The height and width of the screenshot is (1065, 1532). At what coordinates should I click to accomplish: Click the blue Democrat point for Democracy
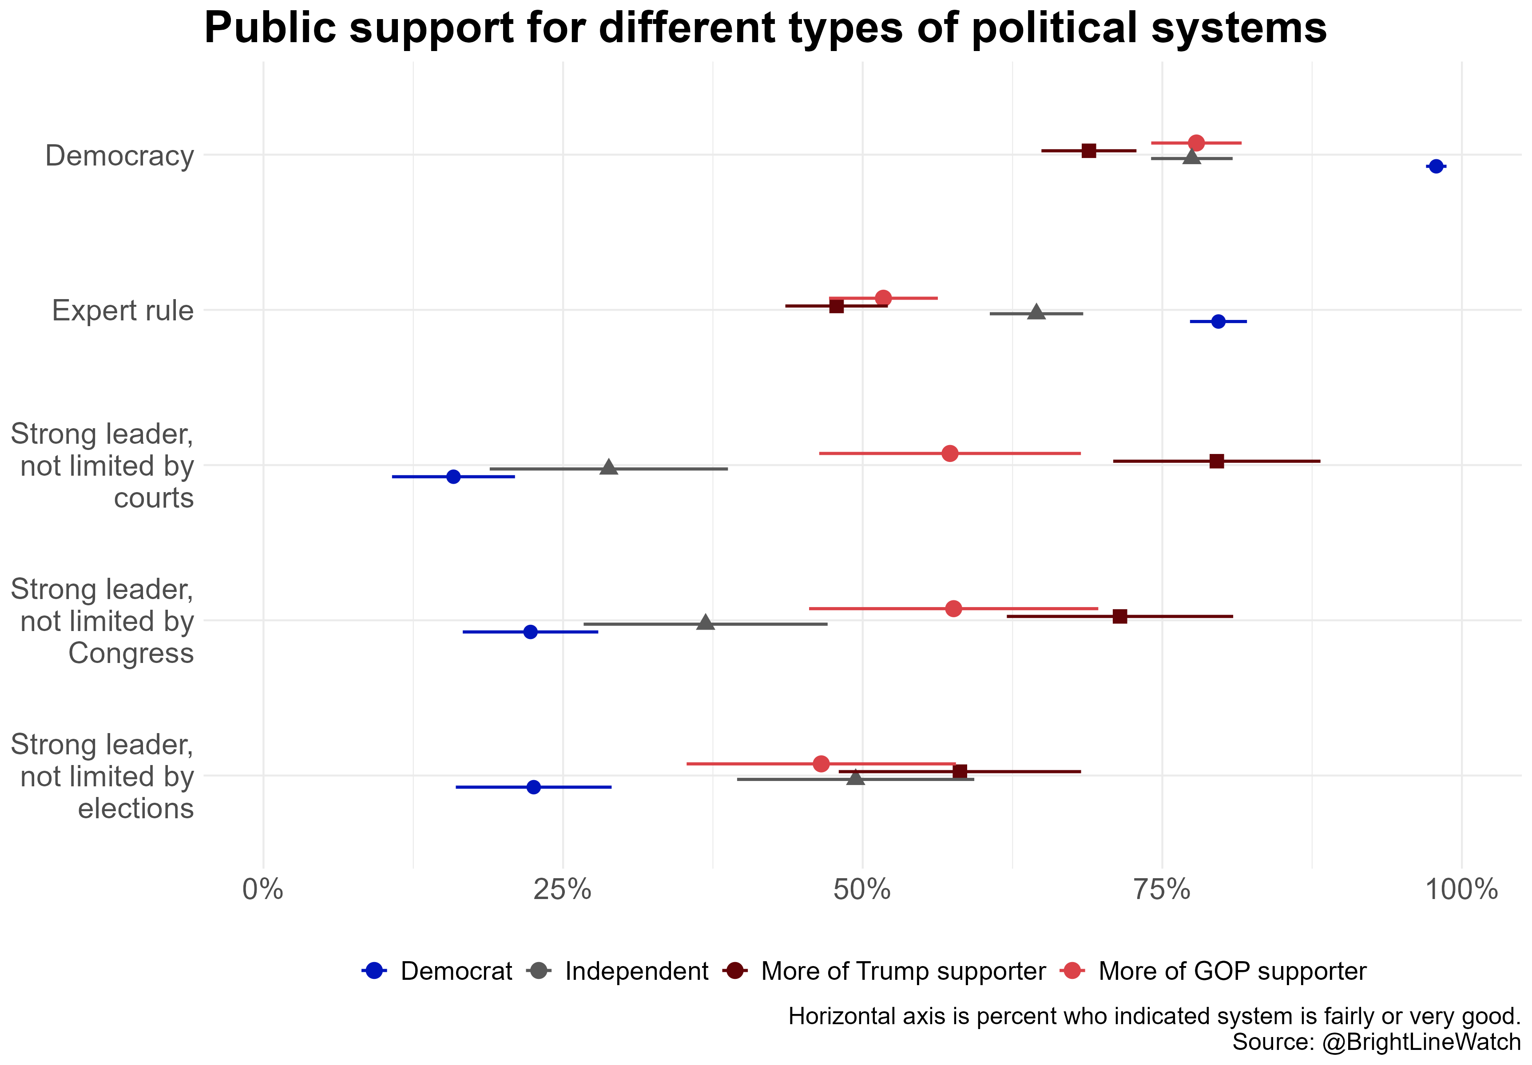pyautogui.click(x=1436, y=166)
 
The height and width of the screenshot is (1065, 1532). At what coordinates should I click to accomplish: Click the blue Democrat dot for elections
pyautogui.click(x=533, y=787)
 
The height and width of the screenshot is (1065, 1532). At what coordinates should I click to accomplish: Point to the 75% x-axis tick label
pyautogui.click(x=1163, y=890)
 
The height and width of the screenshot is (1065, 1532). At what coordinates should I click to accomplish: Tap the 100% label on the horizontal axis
pyautogui.click(x=1461, y=890)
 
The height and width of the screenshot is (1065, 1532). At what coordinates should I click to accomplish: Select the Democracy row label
pyautogui.click(x=119, y=156)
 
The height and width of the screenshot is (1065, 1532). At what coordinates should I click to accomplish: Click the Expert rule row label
pyautogui.click(x=123, y=311)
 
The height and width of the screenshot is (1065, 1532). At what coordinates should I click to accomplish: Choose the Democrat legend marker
pyautogui.click(x=374, y=971)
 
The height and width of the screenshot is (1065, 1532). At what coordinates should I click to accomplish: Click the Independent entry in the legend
pyautogui.click(x=636, y=971)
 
